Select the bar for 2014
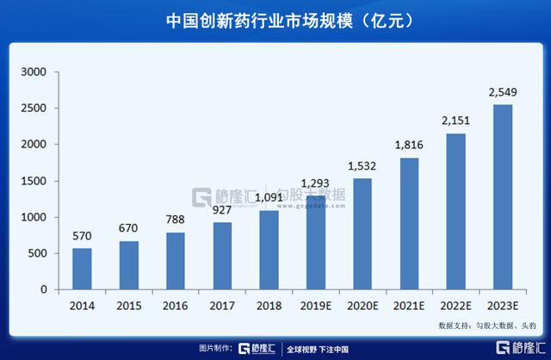[82, 270]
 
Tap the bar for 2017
[221, 257]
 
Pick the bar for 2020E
[362, 234]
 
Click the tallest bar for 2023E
[503, 198]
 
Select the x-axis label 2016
[175, 305]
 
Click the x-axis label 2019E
[315, 305]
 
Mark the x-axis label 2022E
[455, 305]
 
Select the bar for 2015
[128, 266]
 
